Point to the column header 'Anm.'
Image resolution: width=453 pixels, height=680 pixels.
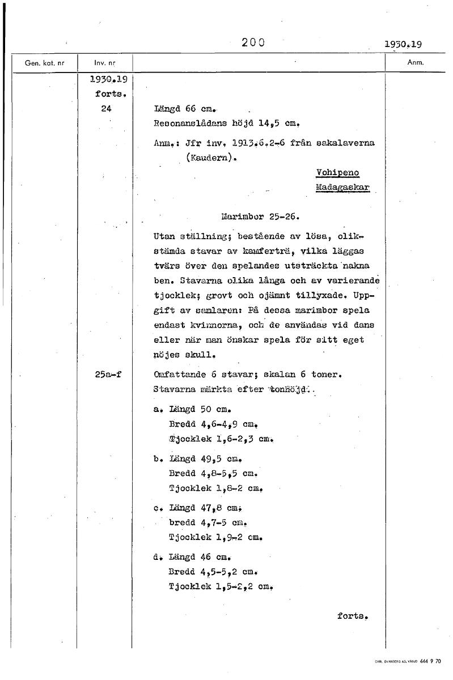[416, 62]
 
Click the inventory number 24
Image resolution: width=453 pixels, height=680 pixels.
[105, 109]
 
